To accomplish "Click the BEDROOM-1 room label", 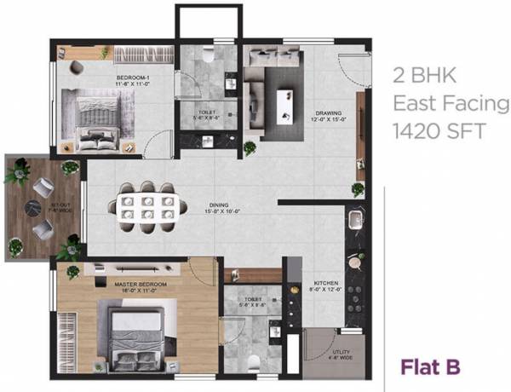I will (134, 79).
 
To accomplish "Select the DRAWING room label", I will (328, 112).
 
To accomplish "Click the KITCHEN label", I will (327, 285).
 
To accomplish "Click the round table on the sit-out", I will (32, 205).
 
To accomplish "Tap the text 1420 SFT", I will (433, 131).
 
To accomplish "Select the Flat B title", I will (431, 367).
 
